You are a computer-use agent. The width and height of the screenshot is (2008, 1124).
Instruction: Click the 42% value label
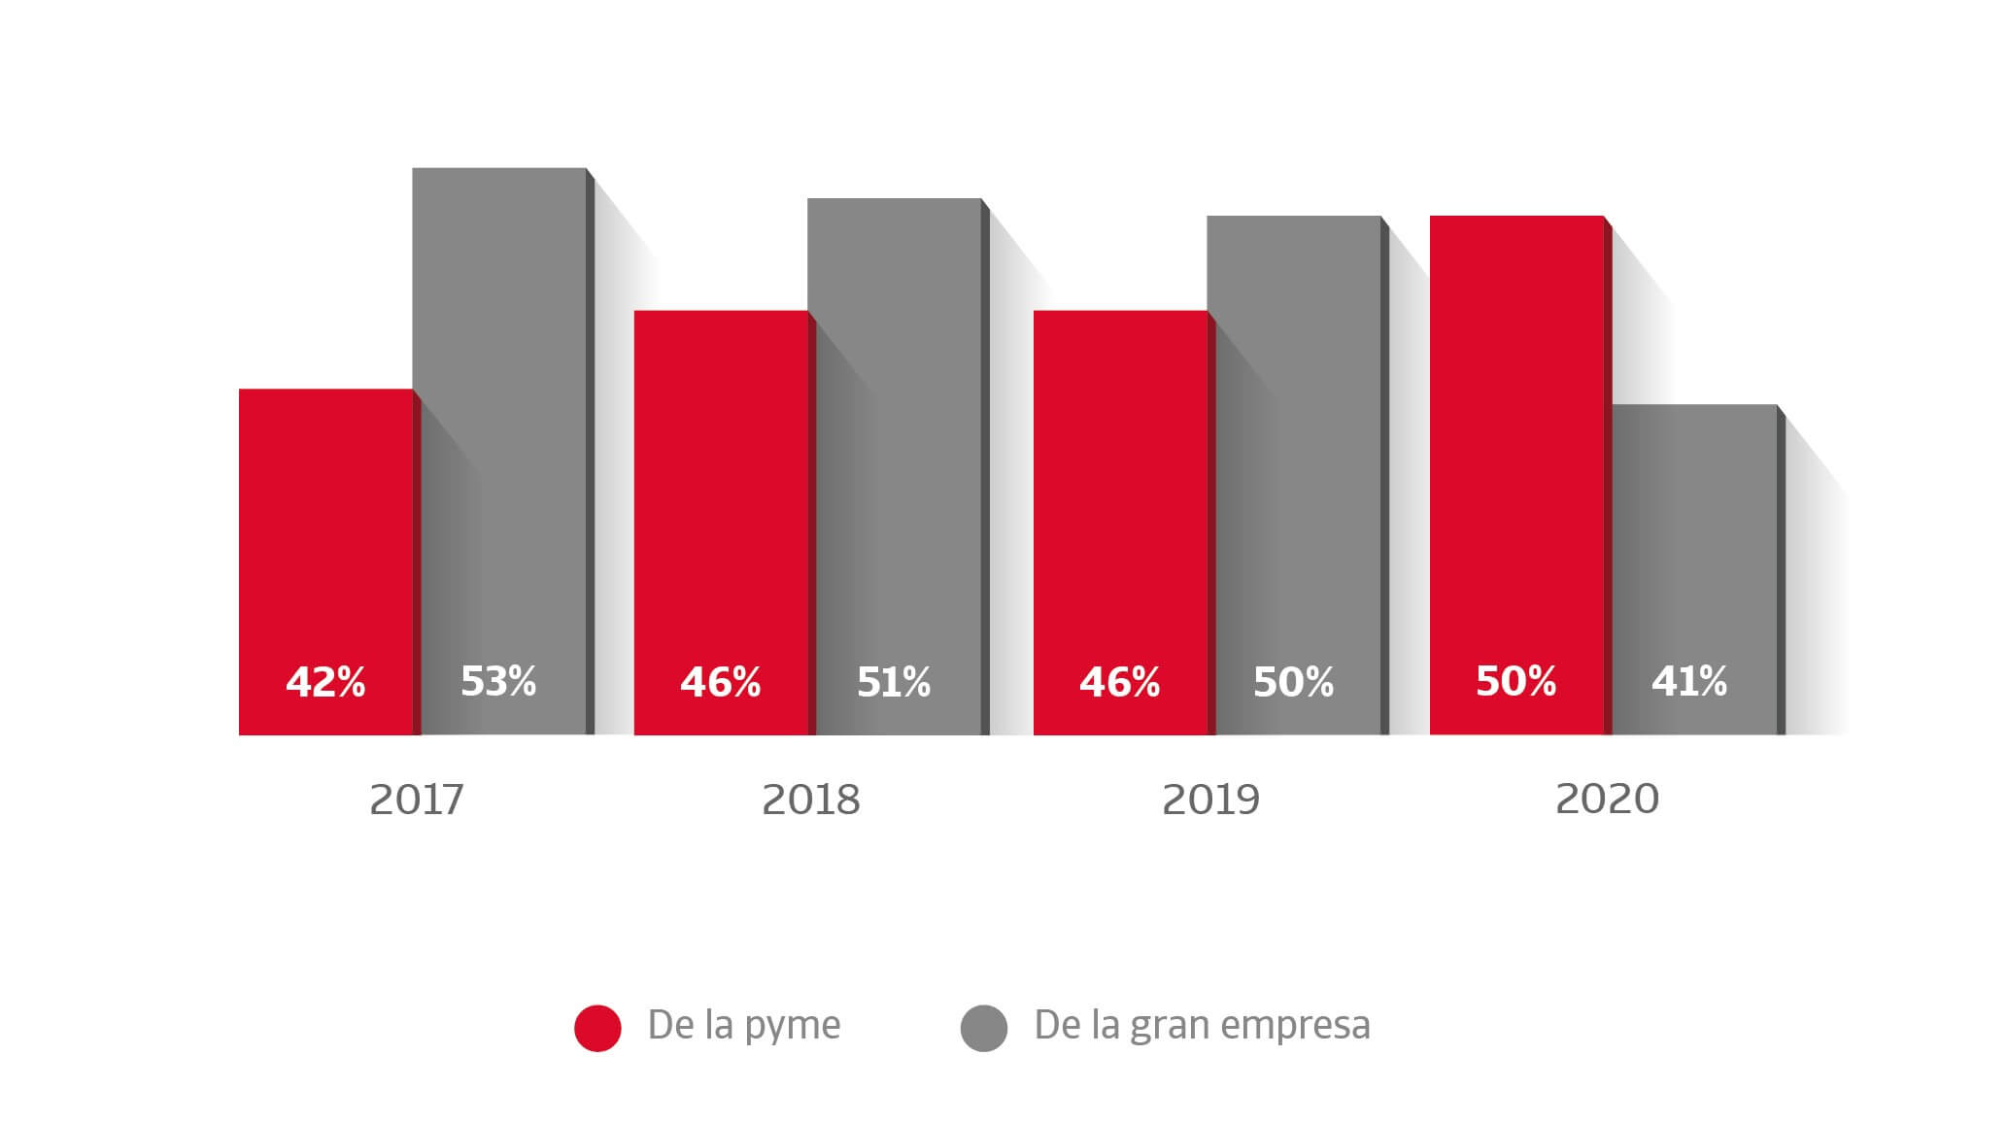coord(325,682)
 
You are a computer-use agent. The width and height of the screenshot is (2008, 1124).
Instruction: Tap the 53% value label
coord(498,681)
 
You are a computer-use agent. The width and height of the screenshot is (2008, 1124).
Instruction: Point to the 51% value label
coord(894,682)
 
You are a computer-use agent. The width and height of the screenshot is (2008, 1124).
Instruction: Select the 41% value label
coord(1689,681)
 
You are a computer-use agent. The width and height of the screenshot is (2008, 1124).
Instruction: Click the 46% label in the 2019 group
coord(1119,682)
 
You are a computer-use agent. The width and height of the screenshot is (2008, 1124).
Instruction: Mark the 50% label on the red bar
coord(1515,681)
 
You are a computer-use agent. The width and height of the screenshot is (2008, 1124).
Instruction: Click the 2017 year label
coord(417,800)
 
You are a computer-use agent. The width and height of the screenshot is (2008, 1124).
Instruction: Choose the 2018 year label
coord(811,800)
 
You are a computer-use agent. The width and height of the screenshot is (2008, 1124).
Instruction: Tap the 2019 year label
coord(1210,800)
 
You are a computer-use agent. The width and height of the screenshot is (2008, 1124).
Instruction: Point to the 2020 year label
coord(1607,799)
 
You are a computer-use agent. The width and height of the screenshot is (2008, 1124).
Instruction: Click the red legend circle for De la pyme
coord(597,1028)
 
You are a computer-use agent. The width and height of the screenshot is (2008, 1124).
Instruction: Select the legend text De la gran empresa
coord(1202,1025)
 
